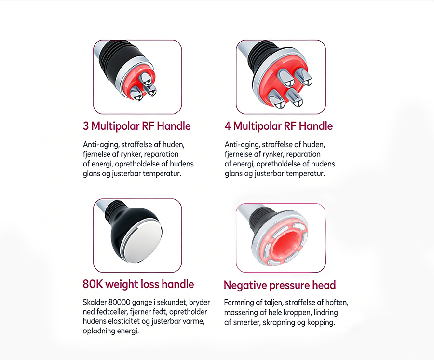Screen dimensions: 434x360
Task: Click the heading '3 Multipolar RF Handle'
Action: pyautogui.click(x=137, y=126)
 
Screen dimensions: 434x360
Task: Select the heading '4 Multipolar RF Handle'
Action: pyautogui.click(x=279, y=126)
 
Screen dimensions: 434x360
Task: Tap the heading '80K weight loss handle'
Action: pyautogui.click(x=138, y=284)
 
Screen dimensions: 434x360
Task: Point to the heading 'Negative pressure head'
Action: pyautogui.click(x=280, y=285)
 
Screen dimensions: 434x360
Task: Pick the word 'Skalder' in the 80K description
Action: pyautogui.click(x=95, y=302)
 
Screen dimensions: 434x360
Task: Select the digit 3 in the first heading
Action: pyautogui.click(x=86, y=126)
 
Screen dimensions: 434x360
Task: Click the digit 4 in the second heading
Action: pyautogui.click(x=228, y=126)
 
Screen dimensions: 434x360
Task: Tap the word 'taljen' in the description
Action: pyautogui.click(x=274, y=303)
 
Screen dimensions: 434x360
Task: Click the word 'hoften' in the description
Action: pyautogui.click(x=338, y=303)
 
